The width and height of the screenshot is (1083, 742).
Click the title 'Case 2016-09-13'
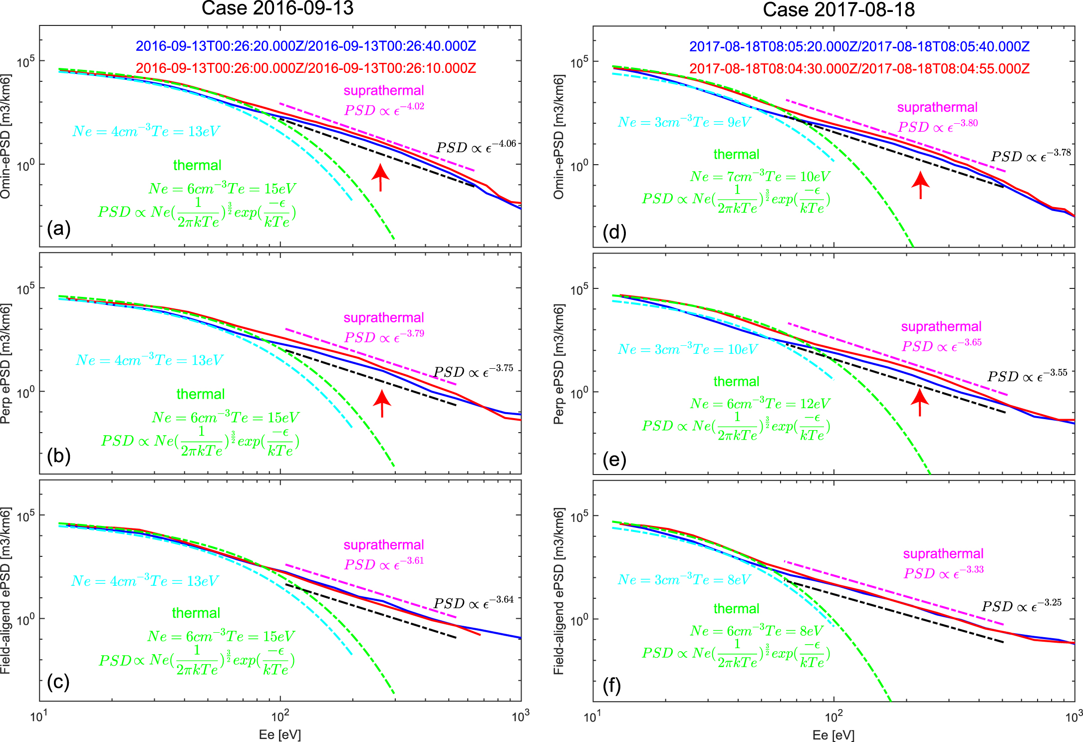[277, 8]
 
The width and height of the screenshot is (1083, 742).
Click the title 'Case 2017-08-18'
[838, 9]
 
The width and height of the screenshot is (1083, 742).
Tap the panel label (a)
[58, 229]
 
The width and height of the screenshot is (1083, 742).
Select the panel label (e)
[614, 460]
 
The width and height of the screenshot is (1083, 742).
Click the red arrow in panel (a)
[380, 178]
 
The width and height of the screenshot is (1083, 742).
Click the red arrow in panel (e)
[920, 402]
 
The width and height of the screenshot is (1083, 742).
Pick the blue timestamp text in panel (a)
[305, 46]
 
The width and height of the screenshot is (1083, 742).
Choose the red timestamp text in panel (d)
[859, 69]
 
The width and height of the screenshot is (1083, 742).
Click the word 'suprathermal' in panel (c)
[383, 545]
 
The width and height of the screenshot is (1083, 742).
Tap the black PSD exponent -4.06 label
[476, 147]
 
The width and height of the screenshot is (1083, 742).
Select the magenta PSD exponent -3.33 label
[943, 572]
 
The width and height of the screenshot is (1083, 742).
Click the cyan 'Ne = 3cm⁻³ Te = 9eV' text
[684, 122]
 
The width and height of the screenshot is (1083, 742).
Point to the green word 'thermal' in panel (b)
[201, 394]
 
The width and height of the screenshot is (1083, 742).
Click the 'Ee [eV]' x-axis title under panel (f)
[833, 735]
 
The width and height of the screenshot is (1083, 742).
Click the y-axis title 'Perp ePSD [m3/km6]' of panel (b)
[5, 364]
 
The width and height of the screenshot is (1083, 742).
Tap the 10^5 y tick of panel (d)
[579, 62]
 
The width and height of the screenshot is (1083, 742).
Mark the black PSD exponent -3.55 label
[1027, 376]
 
